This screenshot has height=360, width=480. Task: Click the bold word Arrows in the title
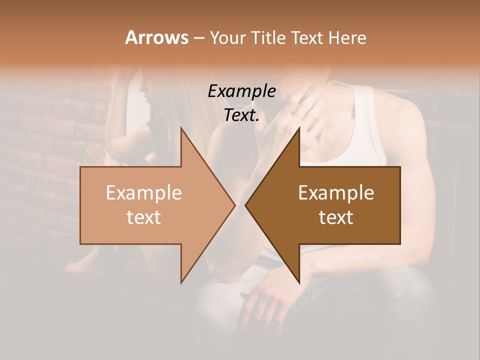[x=156, y=37]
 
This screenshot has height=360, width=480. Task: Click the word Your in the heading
[x=228, y=38]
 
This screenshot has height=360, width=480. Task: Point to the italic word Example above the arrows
[x=241, y=91]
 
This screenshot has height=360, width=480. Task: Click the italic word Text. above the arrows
[x=241, y=115]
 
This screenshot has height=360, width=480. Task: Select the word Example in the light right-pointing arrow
[x=144, y=193]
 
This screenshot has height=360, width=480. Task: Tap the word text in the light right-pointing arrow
[x=144, y=217]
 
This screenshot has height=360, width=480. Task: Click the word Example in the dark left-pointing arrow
[x=336, y=193]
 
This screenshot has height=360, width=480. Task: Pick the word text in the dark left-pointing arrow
[x=336, y=217]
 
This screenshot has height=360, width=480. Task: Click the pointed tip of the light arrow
[x=235, y=205]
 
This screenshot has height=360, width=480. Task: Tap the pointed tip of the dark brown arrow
[x=245, y=205]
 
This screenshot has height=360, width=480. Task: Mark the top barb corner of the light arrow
[x=181, y=128]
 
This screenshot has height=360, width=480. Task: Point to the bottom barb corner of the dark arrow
[x=299, y=283]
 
